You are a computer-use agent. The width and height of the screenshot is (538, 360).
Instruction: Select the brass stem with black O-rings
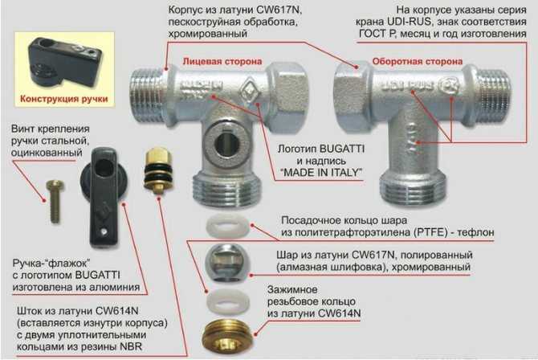pyautogui.click(x=158, y=170)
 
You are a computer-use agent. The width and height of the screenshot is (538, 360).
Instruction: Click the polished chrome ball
pyautogui.click(x=227, y=263)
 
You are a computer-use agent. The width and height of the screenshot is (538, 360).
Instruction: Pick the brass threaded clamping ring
pyautogui.click(x=226, y=337)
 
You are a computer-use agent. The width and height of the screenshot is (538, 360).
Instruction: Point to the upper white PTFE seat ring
pyautogui.click(x=227, y=226)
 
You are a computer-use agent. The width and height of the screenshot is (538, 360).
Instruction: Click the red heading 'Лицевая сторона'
pyautogui.click(x=222, y=62)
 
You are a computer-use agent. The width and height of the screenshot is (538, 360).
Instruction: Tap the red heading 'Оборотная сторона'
pyautogui.click(x=418, y=62)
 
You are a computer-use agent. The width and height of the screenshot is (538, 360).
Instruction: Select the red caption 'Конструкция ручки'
pyautogui.click(x=63, y=99)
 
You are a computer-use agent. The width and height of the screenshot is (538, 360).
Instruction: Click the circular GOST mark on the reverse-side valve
pyautogui.click(x=450, y=85)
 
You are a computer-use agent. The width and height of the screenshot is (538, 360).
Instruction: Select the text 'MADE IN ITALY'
pyautogui.click(x=321, y=173)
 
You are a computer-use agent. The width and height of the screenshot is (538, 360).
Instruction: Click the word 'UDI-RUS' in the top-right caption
pyautogui.click(x=409, y=22)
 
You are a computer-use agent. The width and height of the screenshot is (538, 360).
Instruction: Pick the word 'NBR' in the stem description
pyautogui.click(x=131, y=346)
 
